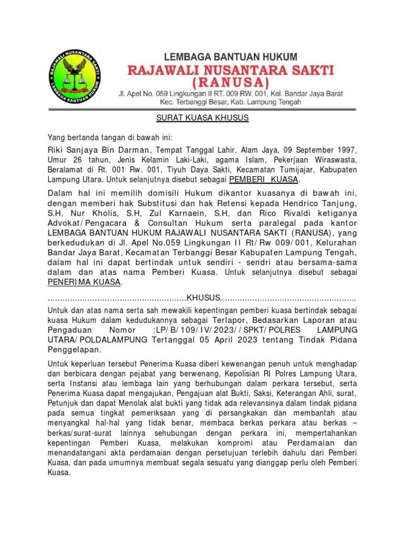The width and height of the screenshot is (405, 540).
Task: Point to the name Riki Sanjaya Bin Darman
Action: click(95, 149)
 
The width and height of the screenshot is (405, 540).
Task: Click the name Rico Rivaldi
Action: click(278, 214)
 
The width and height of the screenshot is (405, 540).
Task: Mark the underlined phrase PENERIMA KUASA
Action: click(84, 282)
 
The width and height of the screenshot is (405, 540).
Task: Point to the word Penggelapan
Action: click(74, 350)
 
